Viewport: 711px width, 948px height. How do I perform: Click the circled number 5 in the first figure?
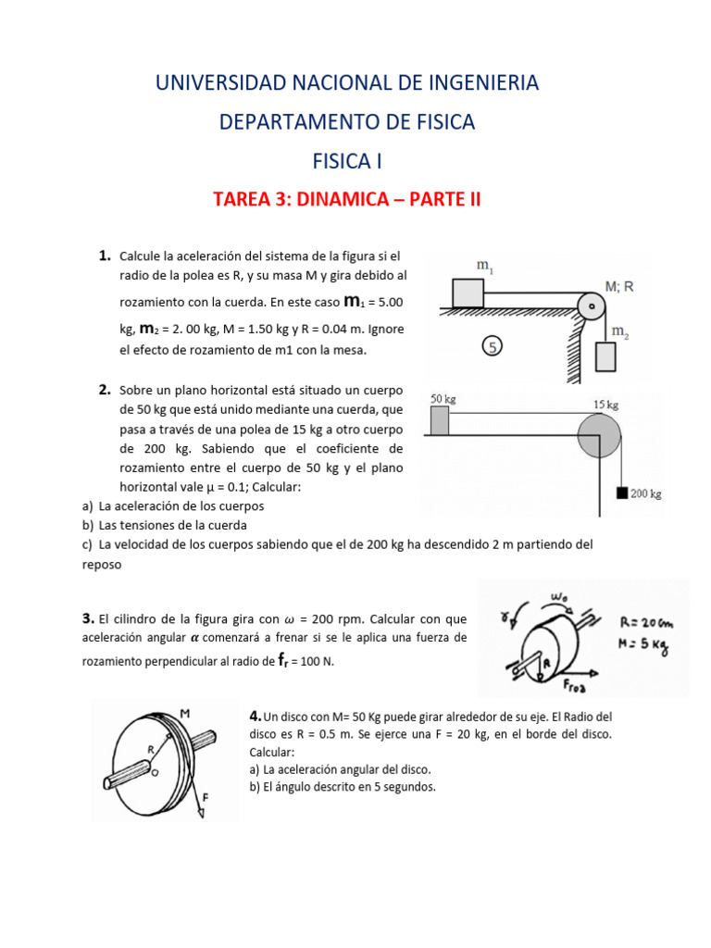click(493, 346)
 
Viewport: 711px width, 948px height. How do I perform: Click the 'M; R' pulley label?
click(619, 287)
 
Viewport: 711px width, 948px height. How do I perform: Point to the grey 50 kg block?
click(439, 420)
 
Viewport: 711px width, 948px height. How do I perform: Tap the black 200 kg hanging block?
click(621, 493)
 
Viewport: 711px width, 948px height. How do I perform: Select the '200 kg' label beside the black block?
click(646, 493)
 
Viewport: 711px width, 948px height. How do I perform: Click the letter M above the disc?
click(185, 712)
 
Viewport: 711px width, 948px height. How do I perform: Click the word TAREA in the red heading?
click(243, 200)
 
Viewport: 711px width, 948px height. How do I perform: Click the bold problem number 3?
click(88, 617)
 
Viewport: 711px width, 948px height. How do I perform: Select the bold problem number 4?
click(256, 717)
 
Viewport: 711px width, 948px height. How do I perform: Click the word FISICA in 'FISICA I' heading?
click(340, 161)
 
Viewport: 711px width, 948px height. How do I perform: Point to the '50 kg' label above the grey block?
click(443, 399)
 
